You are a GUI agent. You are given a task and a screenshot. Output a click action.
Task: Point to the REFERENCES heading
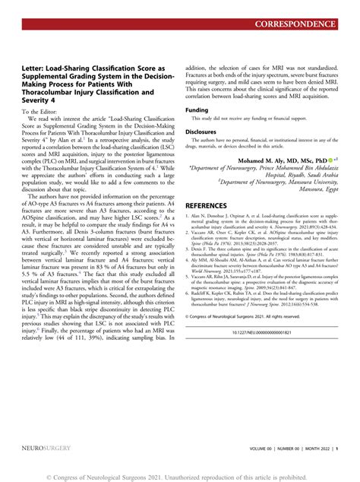click(216, 206)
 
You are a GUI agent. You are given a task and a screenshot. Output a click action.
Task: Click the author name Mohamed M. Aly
click(283, 161)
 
